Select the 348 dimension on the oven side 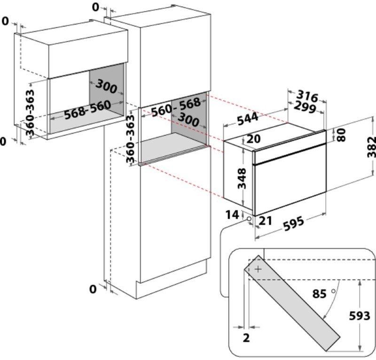(x=242, y=178)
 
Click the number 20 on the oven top (x=253, y=139)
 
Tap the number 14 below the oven (x=232, y=215)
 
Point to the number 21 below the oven (x=265, y=221)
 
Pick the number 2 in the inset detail (x=246, y=337)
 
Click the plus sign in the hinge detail (x=258, y=269)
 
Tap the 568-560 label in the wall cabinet (x=87, y=110)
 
